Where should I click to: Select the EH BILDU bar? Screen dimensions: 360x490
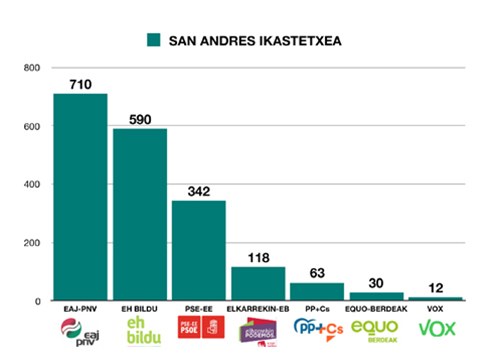click(x=139, y=214)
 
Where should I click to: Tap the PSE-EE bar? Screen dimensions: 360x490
click(x=199, y=250)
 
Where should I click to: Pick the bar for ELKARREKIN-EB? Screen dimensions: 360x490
click(x=258, y=283)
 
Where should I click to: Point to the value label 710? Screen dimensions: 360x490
click(x=80, y=85)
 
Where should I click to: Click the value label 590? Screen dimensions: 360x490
click(x=139, y=120)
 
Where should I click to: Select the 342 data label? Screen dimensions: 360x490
click(x=199, y=192)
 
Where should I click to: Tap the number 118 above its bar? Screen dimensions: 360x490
click(x=258, y=258)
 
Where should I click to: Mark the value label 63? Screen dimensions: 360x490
click(x=317, y=274)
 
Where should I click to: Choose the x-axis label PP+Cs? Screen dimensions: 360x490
click(x=317, y=311)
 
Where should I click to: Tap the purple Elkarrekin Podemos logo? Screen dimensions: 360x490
click(x=258, y=333)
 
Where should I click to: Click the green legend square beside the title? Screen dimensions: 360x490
click(x=154, y=40)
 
